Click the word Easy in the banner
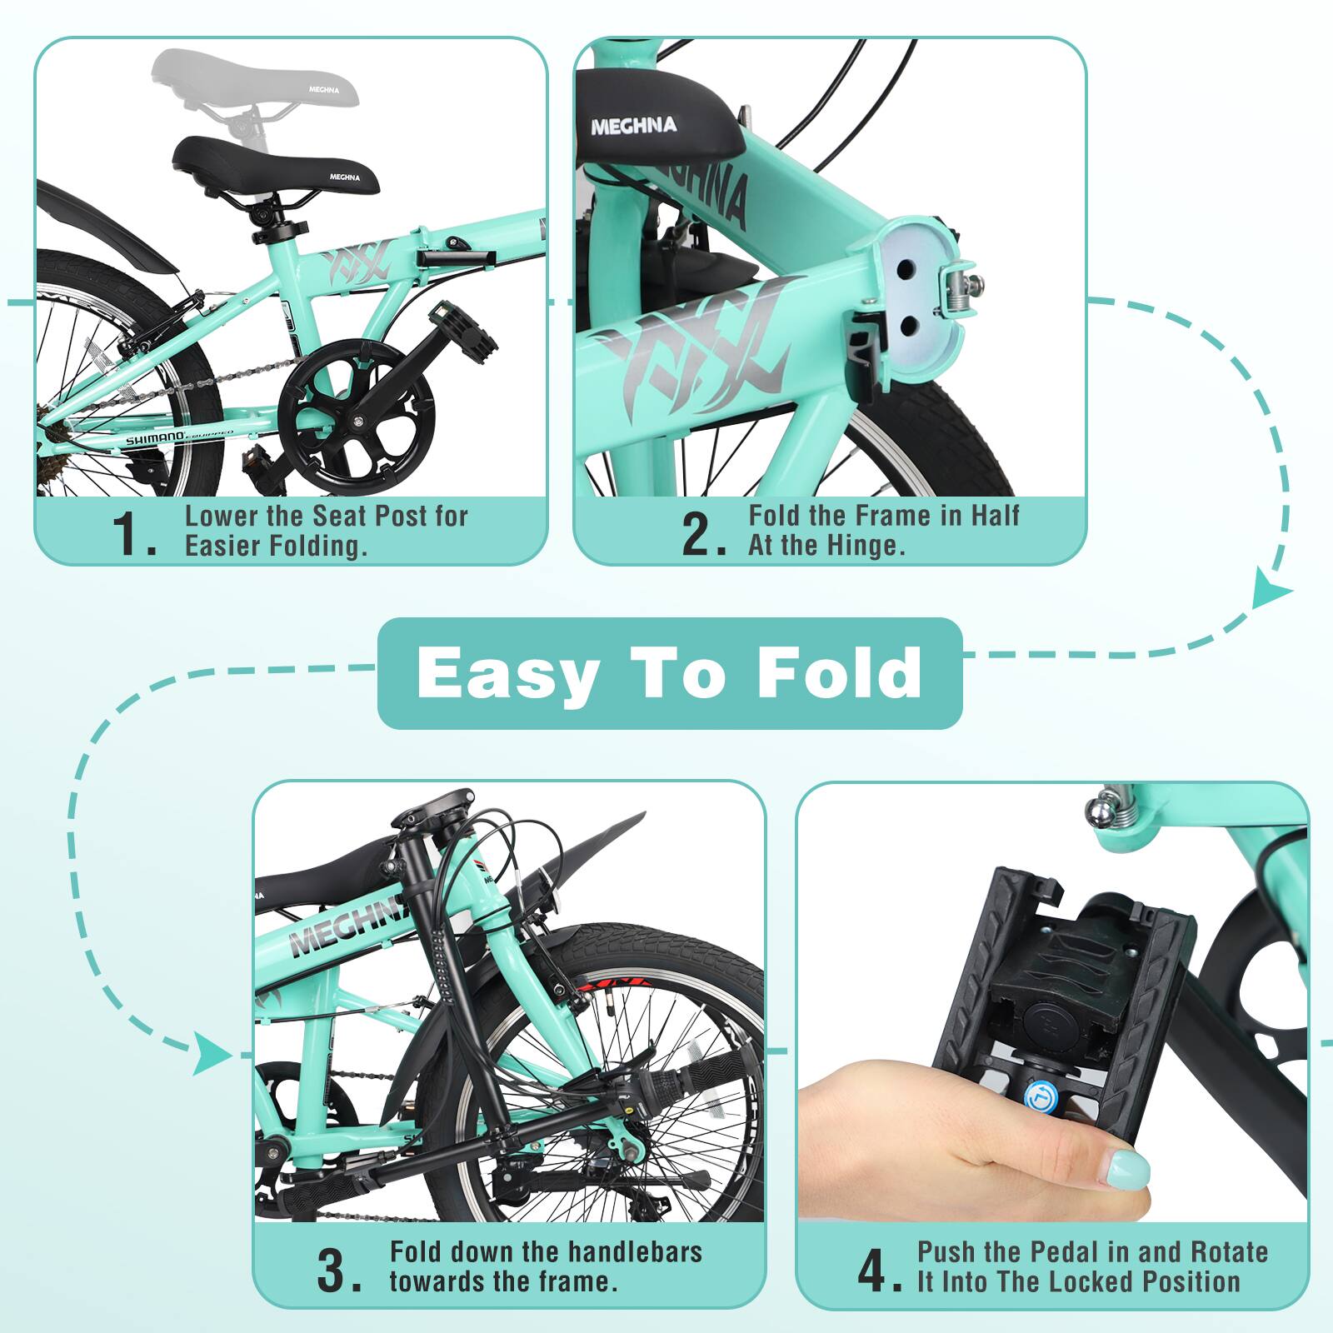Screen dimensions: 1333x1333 [507, 673]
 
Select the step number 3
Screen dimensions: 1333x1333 [337, 1271]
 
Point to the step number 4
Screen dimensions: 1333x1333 [877, 1271]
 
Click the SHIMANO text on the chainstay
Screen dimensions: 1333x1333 [155, 439]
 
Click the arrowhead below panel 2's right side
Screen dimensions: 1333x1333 [1271, 589]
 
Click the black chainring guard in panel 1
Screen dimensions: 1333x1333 [357, 417]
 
